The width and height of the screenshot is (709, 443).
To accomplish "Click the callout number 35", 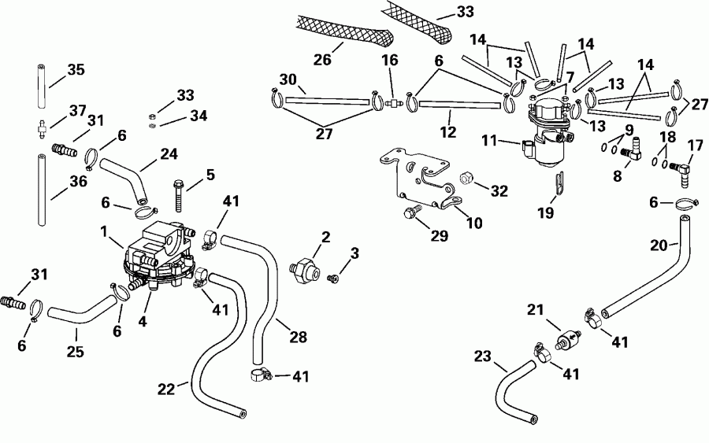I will click(x=76, y=70).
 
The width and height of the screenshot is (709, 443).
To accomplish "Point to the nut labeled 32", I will click(x=466, y=179).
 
